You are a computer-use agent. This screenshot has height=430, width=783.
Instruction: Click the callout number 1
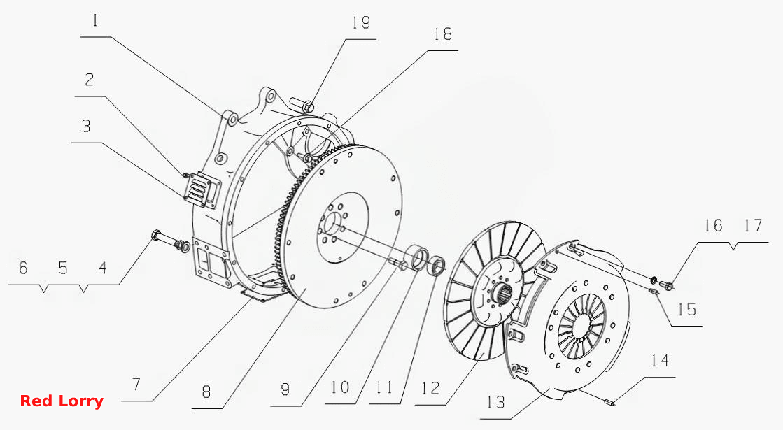(95, 21)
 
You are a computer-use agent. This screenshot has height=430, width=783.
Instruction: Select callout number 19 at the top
(361, 23)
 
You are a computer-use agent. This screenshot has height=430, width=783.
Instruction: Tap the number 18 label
(442, 34)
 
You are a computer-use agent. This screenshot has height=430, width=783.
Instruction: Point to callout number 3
(86, 126)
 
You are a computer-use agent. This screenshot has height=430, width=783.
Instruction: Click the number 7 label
(136, 384)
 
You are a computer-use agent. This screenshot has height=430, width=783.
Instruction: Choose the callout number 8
(206, 392)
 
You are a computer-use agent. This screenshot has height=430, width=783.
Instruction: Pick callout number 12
(430, 388)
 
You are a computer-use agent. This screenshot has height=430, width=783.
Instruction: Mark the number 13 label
(496, 402)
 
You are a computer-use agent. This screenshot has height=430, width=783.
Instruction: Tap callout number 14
(660, 360)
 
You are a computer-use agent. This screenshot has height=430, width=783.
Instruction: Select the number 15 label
(687, 309)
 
